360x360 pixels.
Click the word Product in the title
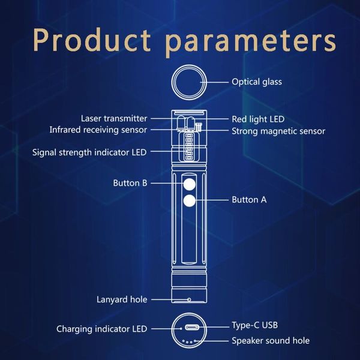click(91, 40)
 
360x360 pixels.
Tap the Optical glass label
click(257, 82)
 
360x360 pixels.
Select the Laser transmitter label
click(114, 118)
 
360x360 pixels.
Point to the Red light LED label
click(258, 119)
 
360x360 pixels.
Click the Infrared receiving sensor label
click(98, 130)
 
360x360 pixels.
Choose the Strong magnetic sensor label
click(278, 131)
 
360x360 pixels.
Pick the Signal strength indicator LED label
click(89, 152)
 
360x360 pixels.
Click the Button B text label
click(130, 183)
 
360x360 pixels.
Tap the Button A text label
click(249, 200)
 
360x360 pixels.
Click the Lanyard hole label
click(122, 299)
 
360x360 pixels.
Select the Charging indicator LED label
click(102, 329)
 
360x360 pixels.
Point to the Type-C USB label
click(254, 325)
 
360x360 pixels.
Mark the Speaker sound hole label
click(271, 340)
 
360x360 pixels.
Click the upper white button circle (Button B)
click(190, 184)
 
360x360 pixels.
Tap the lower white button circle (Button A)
click(190, 201)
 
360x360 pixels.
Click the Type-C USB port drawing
click(192, 328)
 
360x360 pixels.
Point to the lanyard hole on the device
click(189, 299)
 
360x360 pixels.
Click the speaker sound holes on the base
click(189, 341)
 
